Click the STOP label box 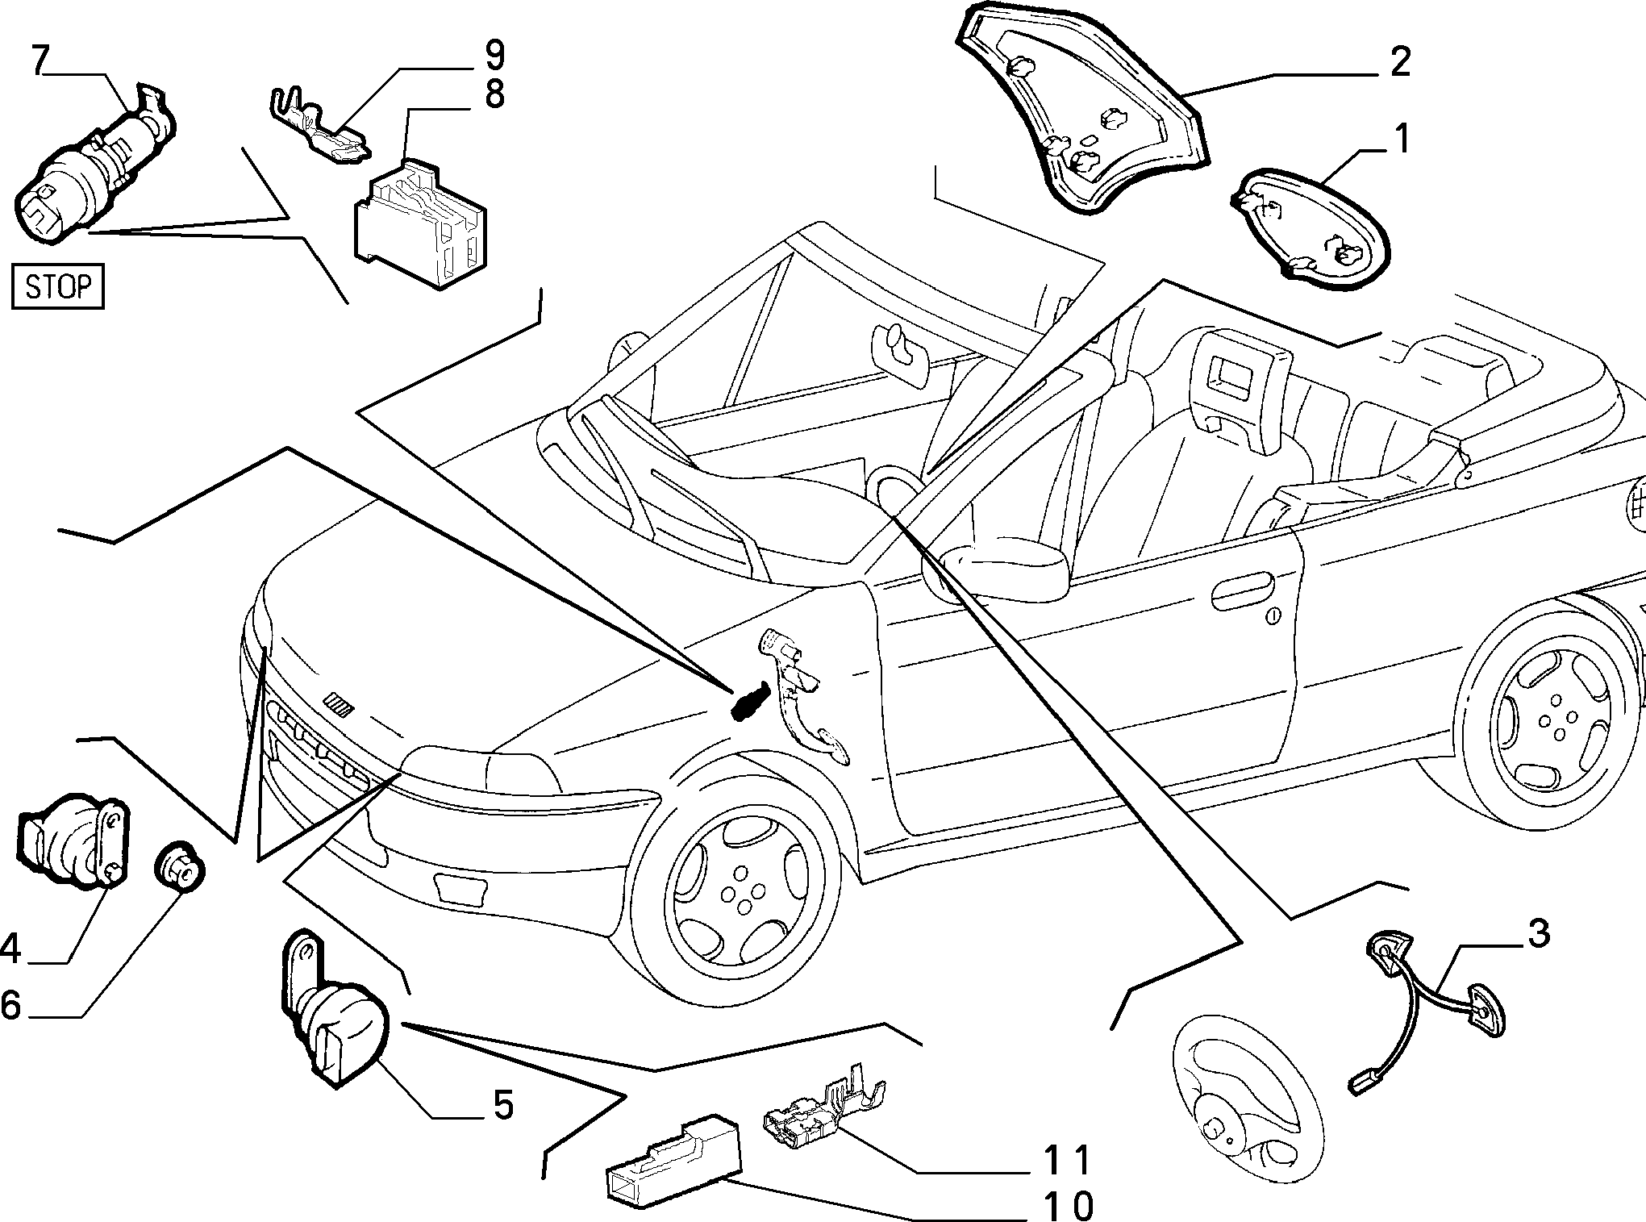pyautogui.click(x=59, y=286)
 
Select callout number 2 pyautogui.click(x=1399, y=63)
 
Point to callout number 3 pyautogui.click(x=1537, y=934)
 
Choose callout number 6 pyautogui.click(x=10, y=1006)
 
